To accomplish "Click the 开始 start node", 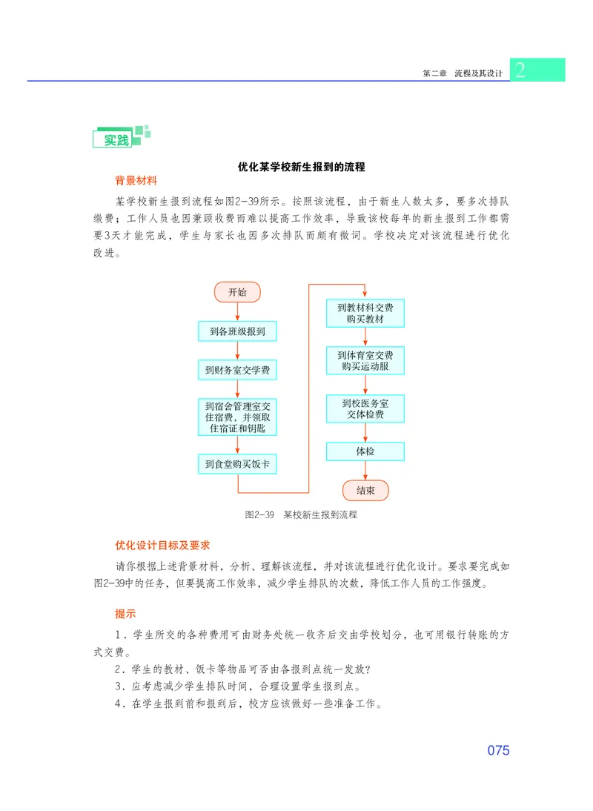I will pos(237,292).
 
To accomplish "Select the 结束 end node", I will pos(365,490).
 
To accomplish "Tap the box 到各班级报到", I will pos(237,331).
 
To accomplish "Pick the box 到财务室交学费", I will pos(237,369).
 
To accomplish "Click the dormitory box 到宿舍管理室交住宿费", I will pos(237,417).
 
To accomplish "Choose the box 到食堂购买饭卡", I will pos(237,464).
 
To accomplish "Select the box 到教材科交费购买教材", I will pos(365,313).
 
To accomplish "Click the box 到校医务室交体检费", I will pos(365,408).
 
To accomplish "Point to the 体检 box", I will pos(365,451).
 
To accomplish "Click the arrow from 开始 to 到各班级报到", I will pos(237,311).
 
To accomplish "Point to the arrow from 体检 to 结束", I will pos(365,470).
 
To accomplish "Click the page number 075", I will pos(498,750).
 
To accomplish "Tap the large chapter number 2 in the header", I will pos(520,70).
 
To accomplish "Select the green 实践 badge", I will pos(116,139).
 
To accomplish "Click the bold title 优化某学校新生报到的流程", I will pos(301,167).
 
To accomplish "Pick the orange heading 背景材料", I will pos(136,181).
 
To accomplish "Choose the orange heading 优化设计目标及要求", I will pos(162,546).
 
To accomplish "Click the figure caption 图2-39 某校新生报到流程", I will pos(301,514).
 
